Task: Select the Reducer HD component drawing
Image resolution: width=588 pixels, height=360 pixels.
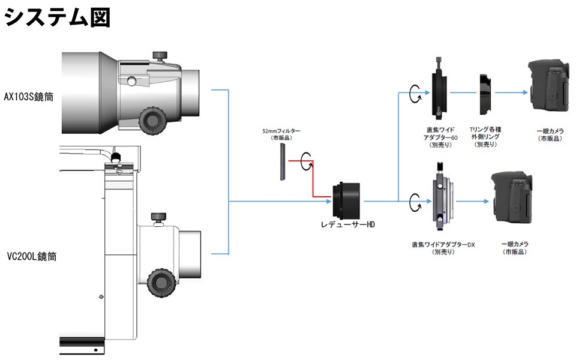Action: click(347, 198)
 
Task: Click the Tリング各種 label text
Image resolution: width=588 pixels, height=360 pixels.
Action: click(487, 130)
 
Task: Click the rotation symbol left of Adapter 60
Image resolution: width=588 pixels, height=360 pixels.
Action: click(415, 93)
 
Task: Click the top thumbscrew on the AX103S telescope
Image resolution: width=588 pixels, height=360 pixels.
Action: click(160, 56)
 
